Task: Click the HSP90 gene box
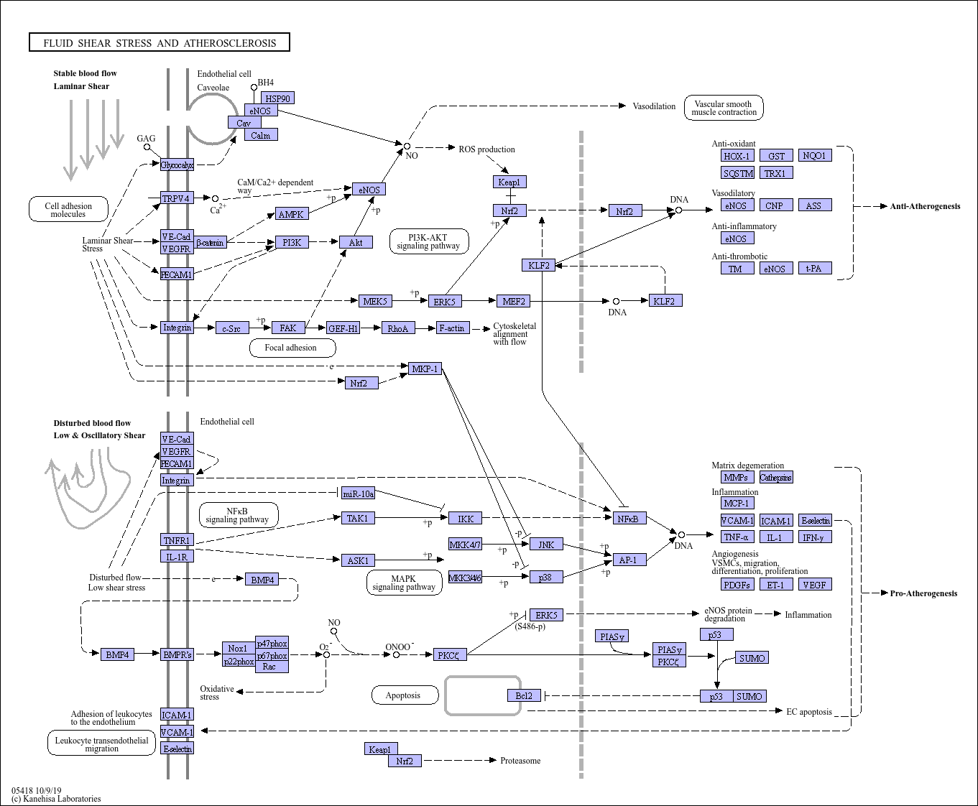pyautogui.click(x=278, y=98)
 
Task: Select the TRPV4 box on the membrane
pyautogui.click(x=177, y=198)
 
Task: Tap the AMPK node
pyautogui.click(x=292, y=214)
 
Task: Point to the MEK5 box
pyautogui.click(x=375, y=301)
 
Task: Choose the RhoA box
pyautogui.click(x=398, y=328)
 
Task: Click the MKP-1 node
pyautogui.click(x=425, y=369)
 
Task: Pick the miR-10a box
pyautogui.click(x=359, y=493)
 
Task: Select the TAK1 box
pyautogui.click(x=358, y=518)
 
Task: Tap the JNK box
pyautogui.click(x=546, y=545)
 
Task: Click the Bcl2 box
pyautogui.click(x=524, y=695)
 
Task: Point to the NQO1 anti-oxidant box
pyautogui.click(x=815, y=155)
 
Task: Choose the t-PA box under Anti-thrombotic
pyautogui.click(x=815, y=269)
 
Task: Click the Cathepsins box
pyautogui.click(x=776, y=477)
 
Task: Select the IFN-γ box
pyautogui.click(x=815, y=537)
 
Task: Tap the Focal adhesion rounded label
pyautogui.click(x=292, y=348)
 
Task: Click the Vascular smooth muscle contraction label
pyautogui.click(x=724, y=108)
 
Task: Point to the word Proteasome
pyautogui.click(x=520, y=761)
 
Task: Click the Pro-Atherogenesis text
pyautogui.click(x=923, y=593)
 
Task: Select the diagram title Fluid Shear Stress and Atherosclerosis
pyautogui.click(x=160, y=43)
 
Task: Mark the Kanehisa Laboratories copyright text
pyautogui.click(x=56, y=799)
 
